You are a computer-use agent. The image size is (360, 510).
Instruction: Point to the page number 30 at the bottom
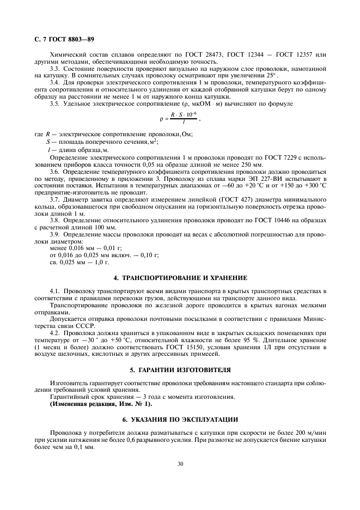coord(180,464)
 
